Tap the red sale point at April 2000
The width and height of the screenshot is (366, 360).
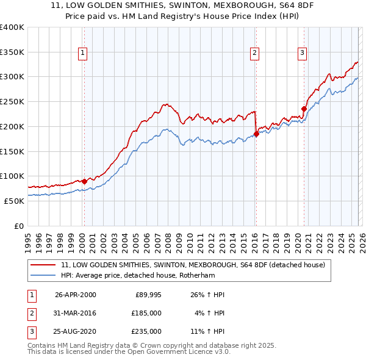click(x=84, y=181)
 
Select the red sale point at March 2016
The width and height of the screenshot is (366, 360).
click(x=256, y=134)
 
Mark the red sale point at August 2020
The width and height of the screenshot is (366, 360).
click(x=304, y=109)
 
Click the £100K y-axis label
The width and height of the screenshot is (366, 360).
click(x=12, y=176)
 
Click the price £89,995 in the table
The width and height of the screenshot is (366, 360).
click(x=148, y=295)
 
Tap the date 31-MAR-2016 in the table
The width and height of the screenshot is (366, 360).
click(x=76, y=312)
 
